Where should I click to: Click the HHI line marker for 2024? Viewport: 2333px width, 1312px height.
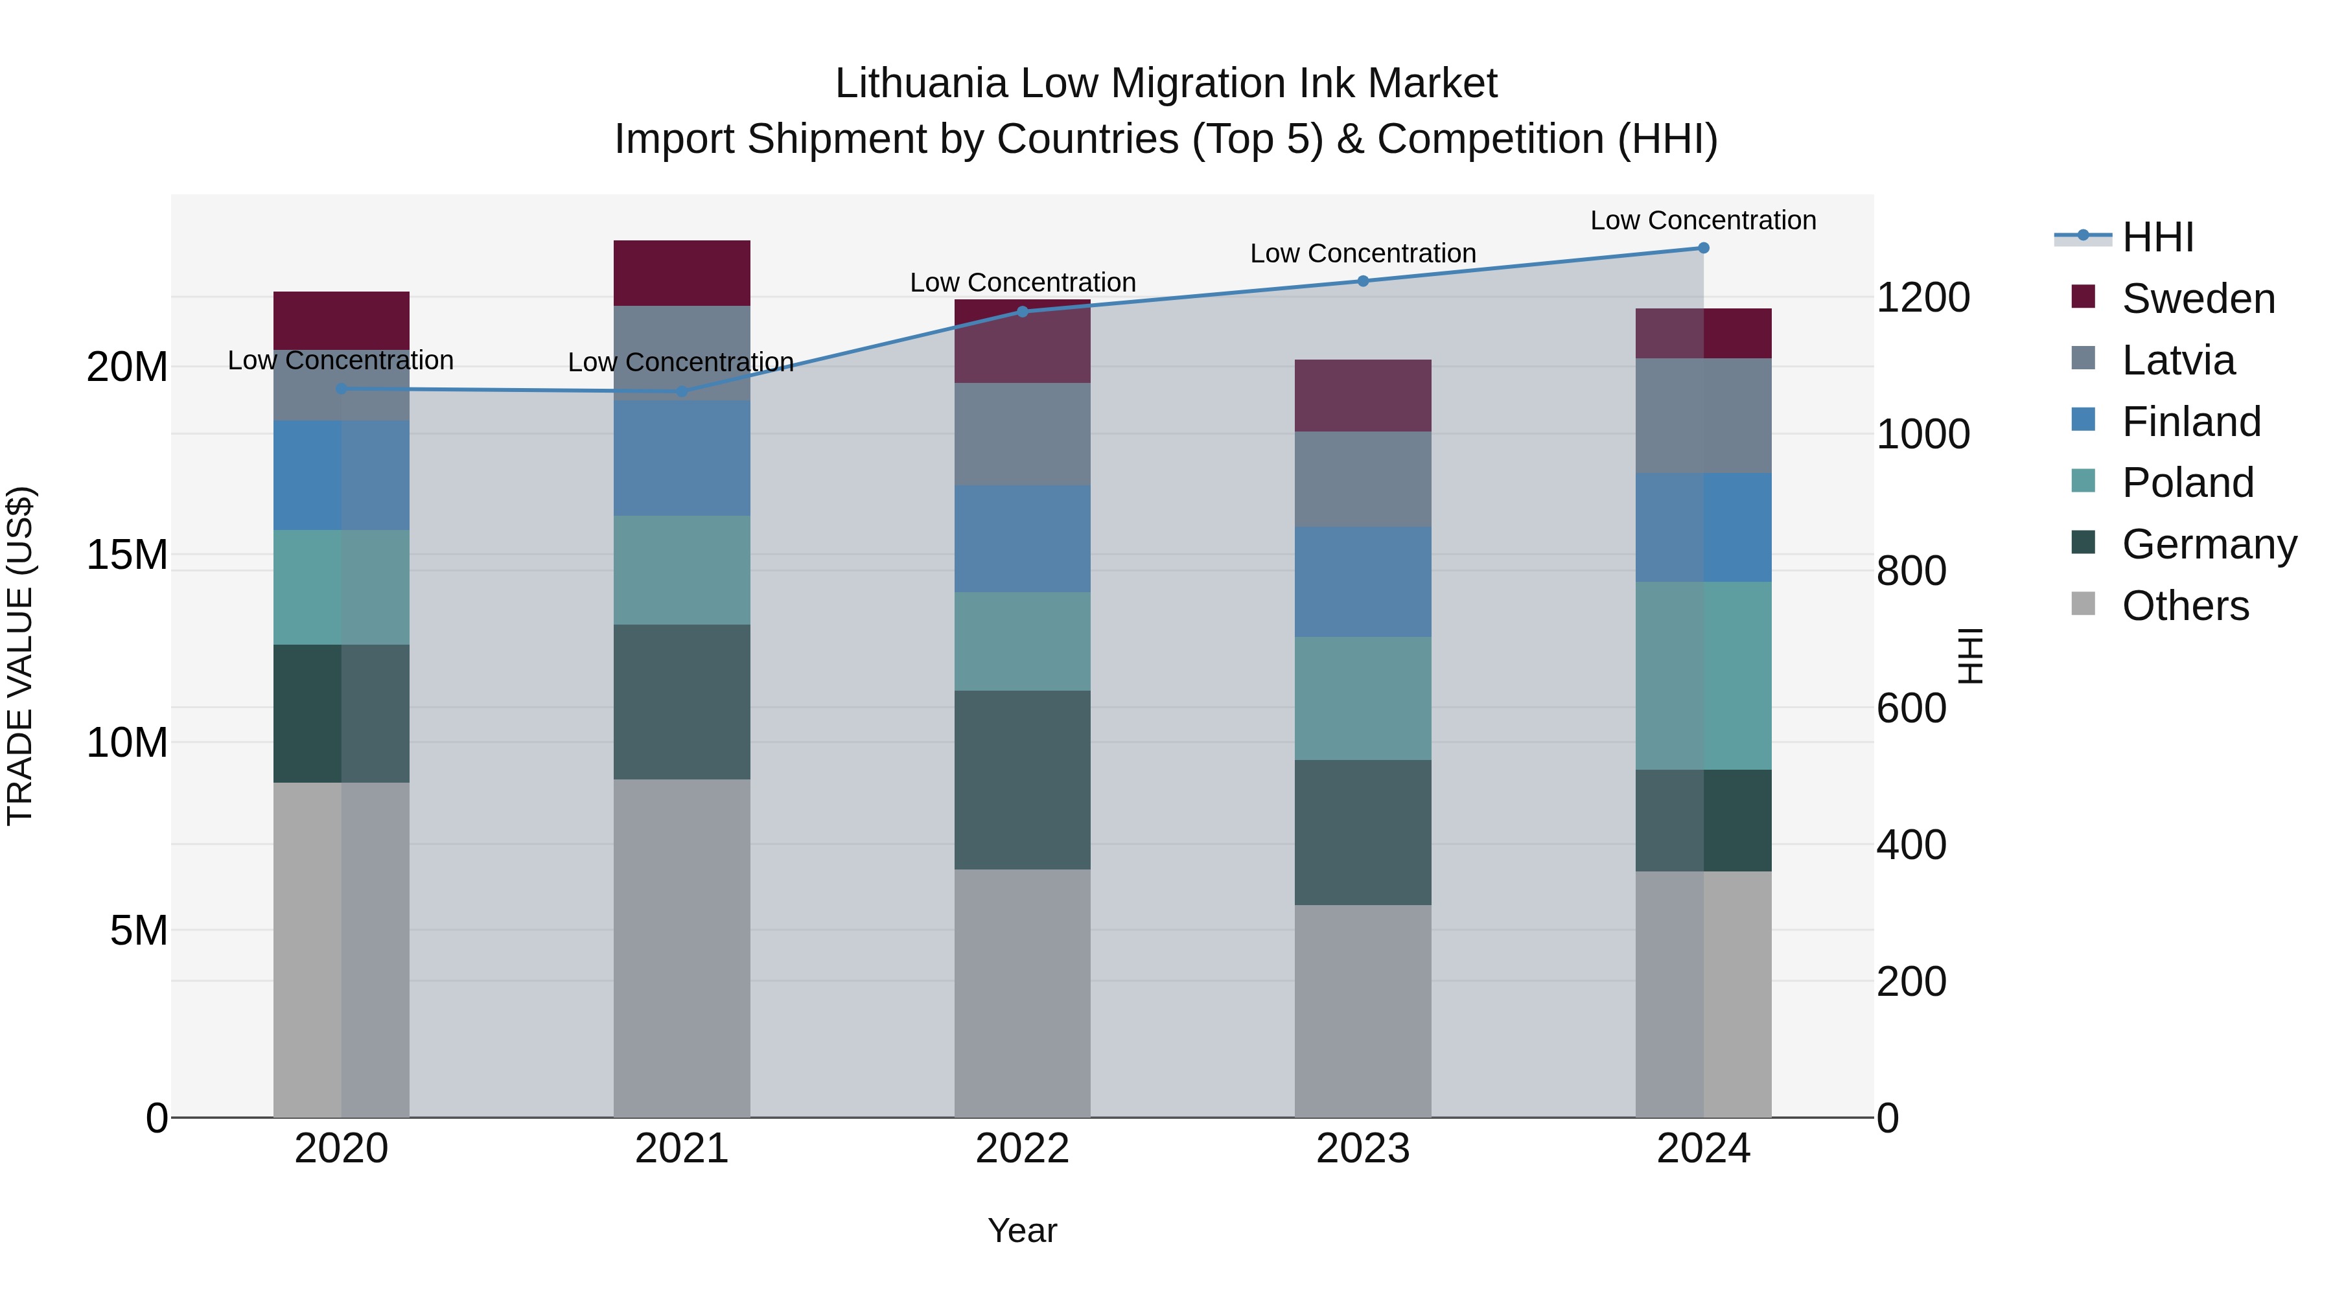click(1702, 247)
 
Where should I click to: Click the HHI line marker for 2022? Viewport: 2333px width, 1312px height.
click(1023, 312)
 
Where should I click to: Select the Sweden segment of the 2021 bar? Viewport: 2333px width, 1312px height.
click(682, 273)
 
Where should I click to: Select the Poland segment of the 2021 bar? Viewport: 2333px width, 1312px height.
click(682, 570)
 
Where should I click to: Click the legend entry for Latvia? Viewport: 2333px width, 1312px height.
click(2177, 360)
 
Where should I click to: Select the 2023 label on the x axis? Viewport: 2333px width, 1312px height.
click(1363, 1148)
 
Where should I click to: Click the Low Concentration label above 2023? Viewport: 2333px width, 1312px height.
click(1363, 253)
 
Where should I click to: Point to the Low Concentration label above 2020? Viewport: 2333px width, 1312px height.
click(340, 360)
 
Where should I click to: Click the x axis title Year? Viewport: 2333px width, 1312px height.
click(1023, 1230)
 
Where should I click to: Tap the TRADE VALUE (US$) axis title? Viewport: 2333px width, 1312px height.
click(20, 656)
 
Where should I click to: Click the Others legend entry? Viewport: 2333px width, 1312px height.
click(2185, 606)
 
